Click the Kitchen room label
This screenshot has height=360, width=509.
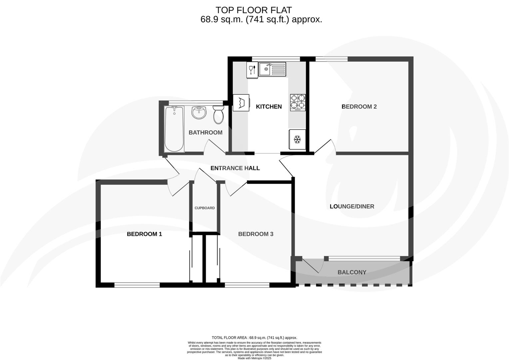click(268, 107)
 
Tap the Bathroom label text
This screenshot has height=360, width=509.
click(205, 132)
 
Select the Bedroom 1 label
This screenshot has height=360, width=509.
click(144, 234)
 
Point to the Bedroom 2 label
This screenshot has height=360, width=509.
click(359, 107)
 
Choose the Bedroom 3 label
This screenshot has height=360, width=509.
click(255, 234)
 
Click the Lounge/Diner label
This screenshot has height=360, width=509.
click(352, 206)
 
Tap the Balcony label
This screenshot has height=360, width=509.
click(352, 272)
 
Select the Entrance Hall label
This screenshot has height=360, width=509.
click(235, 168)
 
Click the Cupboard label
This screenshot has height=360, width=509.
click(205, 208)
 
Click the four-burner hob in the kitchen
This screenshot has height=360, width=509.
click(297, 102)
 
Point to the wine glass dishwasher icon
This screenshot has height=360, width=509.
click(252, 70)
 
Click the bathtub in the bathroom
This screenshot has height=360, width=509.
click(174, 129)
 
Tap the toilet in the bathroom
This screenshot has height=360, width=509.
click(218, 115)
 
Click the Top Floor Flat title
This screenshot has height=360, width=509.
click(254, 10)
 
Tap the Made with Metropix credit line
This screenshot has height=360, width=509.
click(254, 358)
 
